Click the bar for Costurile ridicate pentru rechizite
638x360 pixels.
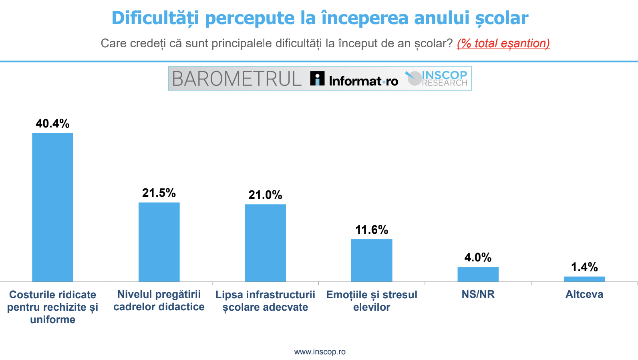click(x=52, y=207)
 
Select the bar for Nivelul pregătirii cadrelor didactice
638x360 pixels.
click(x=159, y=242)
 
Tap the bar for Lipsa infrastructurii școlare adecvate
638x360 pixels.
click(x=265, y=243)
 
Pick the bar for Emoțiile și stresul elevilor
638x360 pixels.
click(x=372, y=260)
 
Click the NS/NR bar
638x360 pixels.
click(x=478, y=274)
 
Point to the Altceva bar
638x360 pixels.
click(x=584, y=279)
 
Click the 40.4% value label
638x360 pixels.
click(x=52, y=123)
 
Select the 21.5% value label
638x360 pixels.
click(x=159, y=193)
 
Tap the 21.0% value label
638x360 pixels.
click(x=265, y=195)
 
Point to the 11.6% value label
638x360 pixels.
click(x=372, y=230)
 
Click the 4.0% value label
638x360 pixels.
click(x=478, y=257)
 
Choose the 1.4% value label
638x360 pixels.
click(x=584, y=267)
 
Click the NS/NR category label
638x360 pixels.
click(x=478, y=294)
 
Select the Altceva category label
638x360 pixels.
click(x=584, y=294)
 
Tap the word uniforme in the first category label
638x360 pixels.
click(x=52, y=320)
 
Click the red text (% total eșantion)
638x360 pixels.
click(x=503, y=43)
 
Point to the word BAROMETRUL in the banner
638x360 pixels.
click(x=237, y=79)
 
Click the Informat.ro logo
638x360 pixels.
click(x=354, y=79)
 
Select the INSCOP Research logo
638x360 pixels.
click(x=437, y=78)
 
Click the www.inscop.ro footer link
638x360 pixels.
click(x=320, y=352)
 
